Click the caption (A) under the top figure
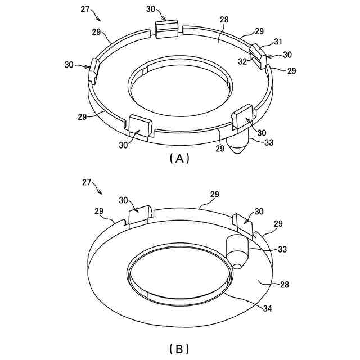(x=179, y=159)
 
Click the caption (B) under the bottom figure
(x=179, y=349)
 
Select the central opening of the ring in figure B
(x=179, y=275)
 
